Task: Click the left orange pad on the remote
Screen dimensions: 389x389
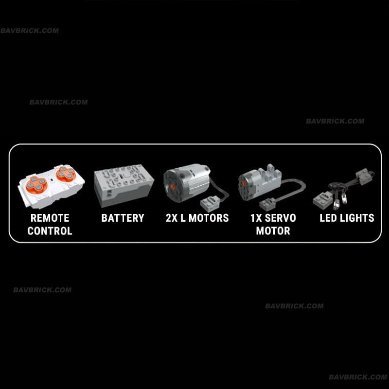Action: point(36,185)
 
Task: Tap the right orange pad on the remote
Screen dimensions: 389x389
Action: point(66,173)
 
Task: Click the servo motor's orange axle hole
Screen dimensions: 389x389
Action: point(244,184)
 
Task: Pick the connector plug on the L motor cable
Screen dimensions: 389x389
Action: point(210,203)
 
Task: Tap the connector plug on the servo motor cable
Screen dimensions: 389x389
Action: point(268,204)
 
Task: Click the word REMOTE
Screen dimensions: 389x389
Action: point(50,218)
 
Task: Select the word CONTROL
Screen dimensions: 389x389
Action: point(50,231)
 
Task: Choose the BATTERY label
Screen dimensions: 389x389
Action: point(123,218)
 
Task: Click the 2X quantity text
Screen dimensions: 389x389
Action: point(172,218)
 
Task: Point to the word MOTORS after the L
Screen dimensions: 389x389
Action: point(209,218)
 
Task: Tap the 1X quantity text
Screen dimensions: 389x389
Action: point(256,218)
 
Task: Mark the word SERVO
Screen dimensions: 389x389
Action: point(281,218)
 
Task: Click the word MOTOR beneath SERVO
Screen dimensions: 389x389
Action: point(273,231)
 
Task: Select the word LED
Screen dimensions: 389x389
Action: point(328,218)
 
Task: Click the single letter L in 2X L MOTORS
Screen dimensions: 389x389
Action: point(183,218)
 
